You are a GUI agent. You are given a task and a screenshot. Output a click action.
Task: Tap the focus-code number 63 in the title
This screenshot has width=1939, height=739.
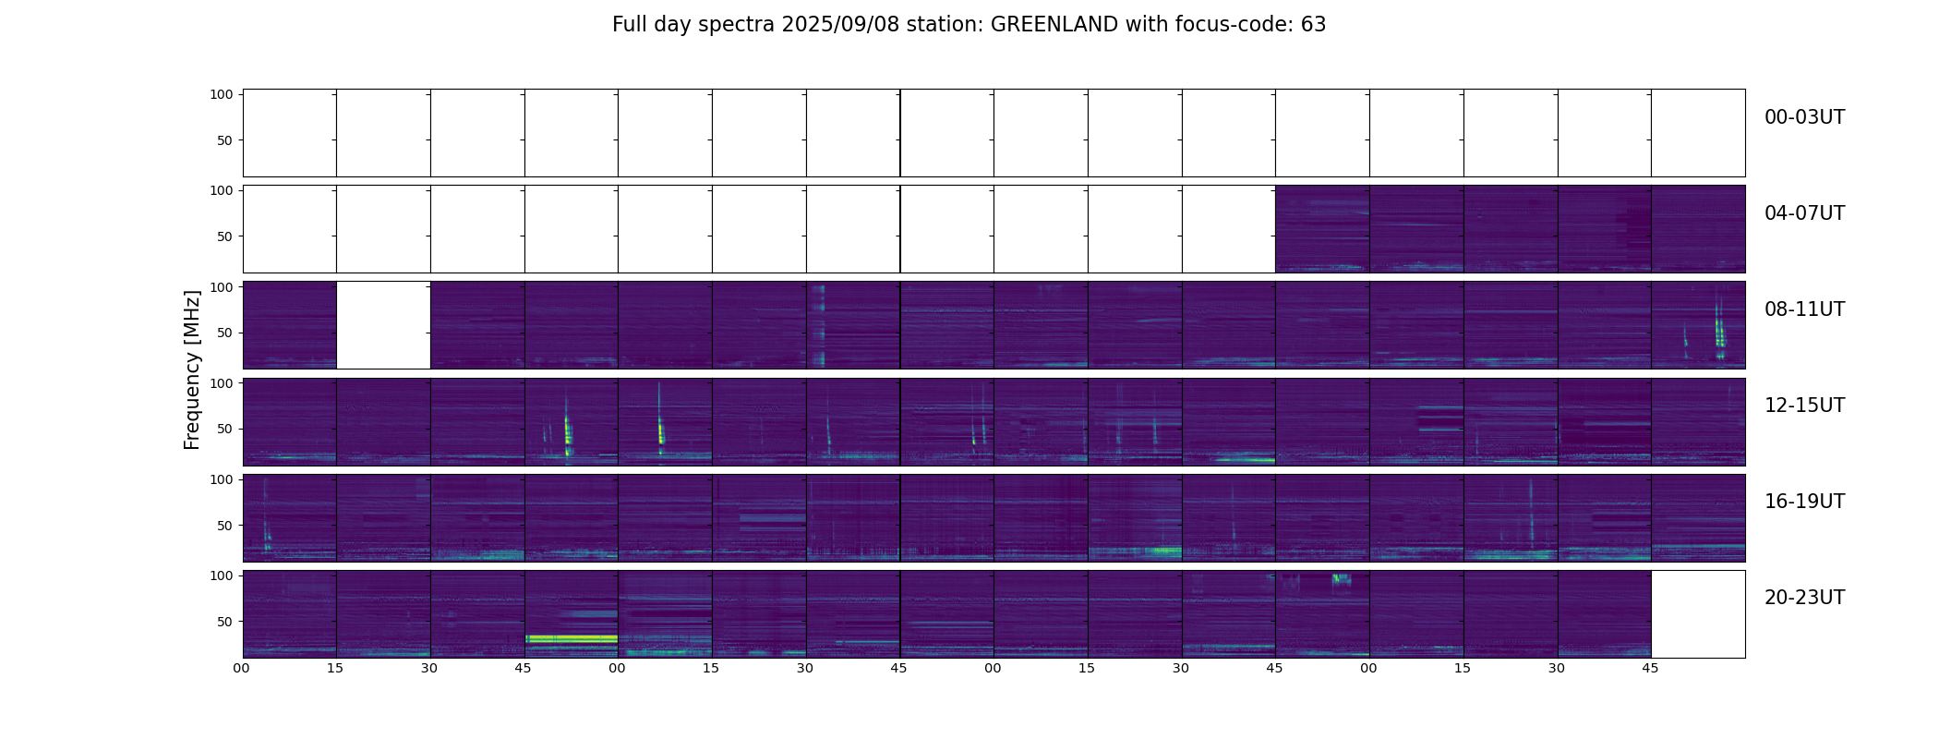coord(1313,25)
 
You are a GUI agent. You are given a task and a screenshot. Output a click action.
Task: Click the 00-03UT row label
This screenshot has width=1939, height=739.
coord(1804,117)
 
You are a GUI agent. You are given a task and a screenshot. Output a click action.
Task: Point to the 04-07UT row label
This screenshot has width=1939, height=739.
coord(1804,213)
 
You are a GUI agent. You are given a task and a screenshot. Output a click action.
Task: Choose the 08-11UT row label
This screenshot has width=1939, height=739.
coord(1804,309)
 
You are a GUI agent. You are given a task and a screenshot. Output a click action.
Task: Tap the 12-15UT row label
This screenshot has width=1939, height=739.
coord(1804,406)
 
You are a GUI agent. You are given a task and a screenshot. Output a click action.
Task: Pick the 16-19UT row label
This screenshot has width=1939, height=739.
coord(1804,502)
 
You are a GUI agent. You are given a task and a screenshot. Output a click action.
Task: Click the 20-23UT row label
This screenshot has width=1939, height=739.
coord(1804,598)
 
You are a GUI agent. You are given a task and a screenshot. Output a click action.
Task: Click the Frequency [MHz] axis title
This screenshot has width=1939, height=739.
coord(192,369)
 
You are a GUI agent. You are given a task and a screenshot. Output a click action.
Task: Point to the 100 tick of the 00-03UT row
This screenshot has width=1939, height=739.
coord(222,94)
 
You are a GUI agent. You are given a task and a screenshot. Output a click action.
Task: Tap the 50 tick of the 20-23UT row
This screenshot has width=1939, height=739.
coord(225,622)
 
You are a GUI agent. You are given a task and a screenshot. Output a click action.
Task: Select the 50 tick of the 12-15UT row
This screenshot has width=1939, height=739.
coord(225,429)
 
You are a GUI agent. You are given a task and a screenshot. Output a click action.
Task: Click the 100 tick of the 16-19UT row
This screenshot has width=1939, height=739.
coord(222,479)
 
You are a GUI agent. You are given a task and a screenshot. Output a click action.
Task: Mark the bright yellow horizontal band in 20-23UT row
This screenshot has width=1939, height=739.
coord(571,638)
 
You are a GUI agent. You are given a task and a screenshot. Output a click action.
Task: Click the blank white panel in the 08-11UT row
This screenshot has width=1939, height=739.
coord(383,325)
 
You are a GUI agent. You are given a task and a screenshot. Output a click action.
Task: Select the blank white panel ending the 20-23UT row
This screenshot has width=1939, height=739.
coord(1697,613)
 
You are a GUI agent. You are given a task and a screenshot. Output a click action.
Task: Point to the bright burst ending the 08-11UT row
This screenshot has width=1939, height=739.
coord(1719,333)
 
